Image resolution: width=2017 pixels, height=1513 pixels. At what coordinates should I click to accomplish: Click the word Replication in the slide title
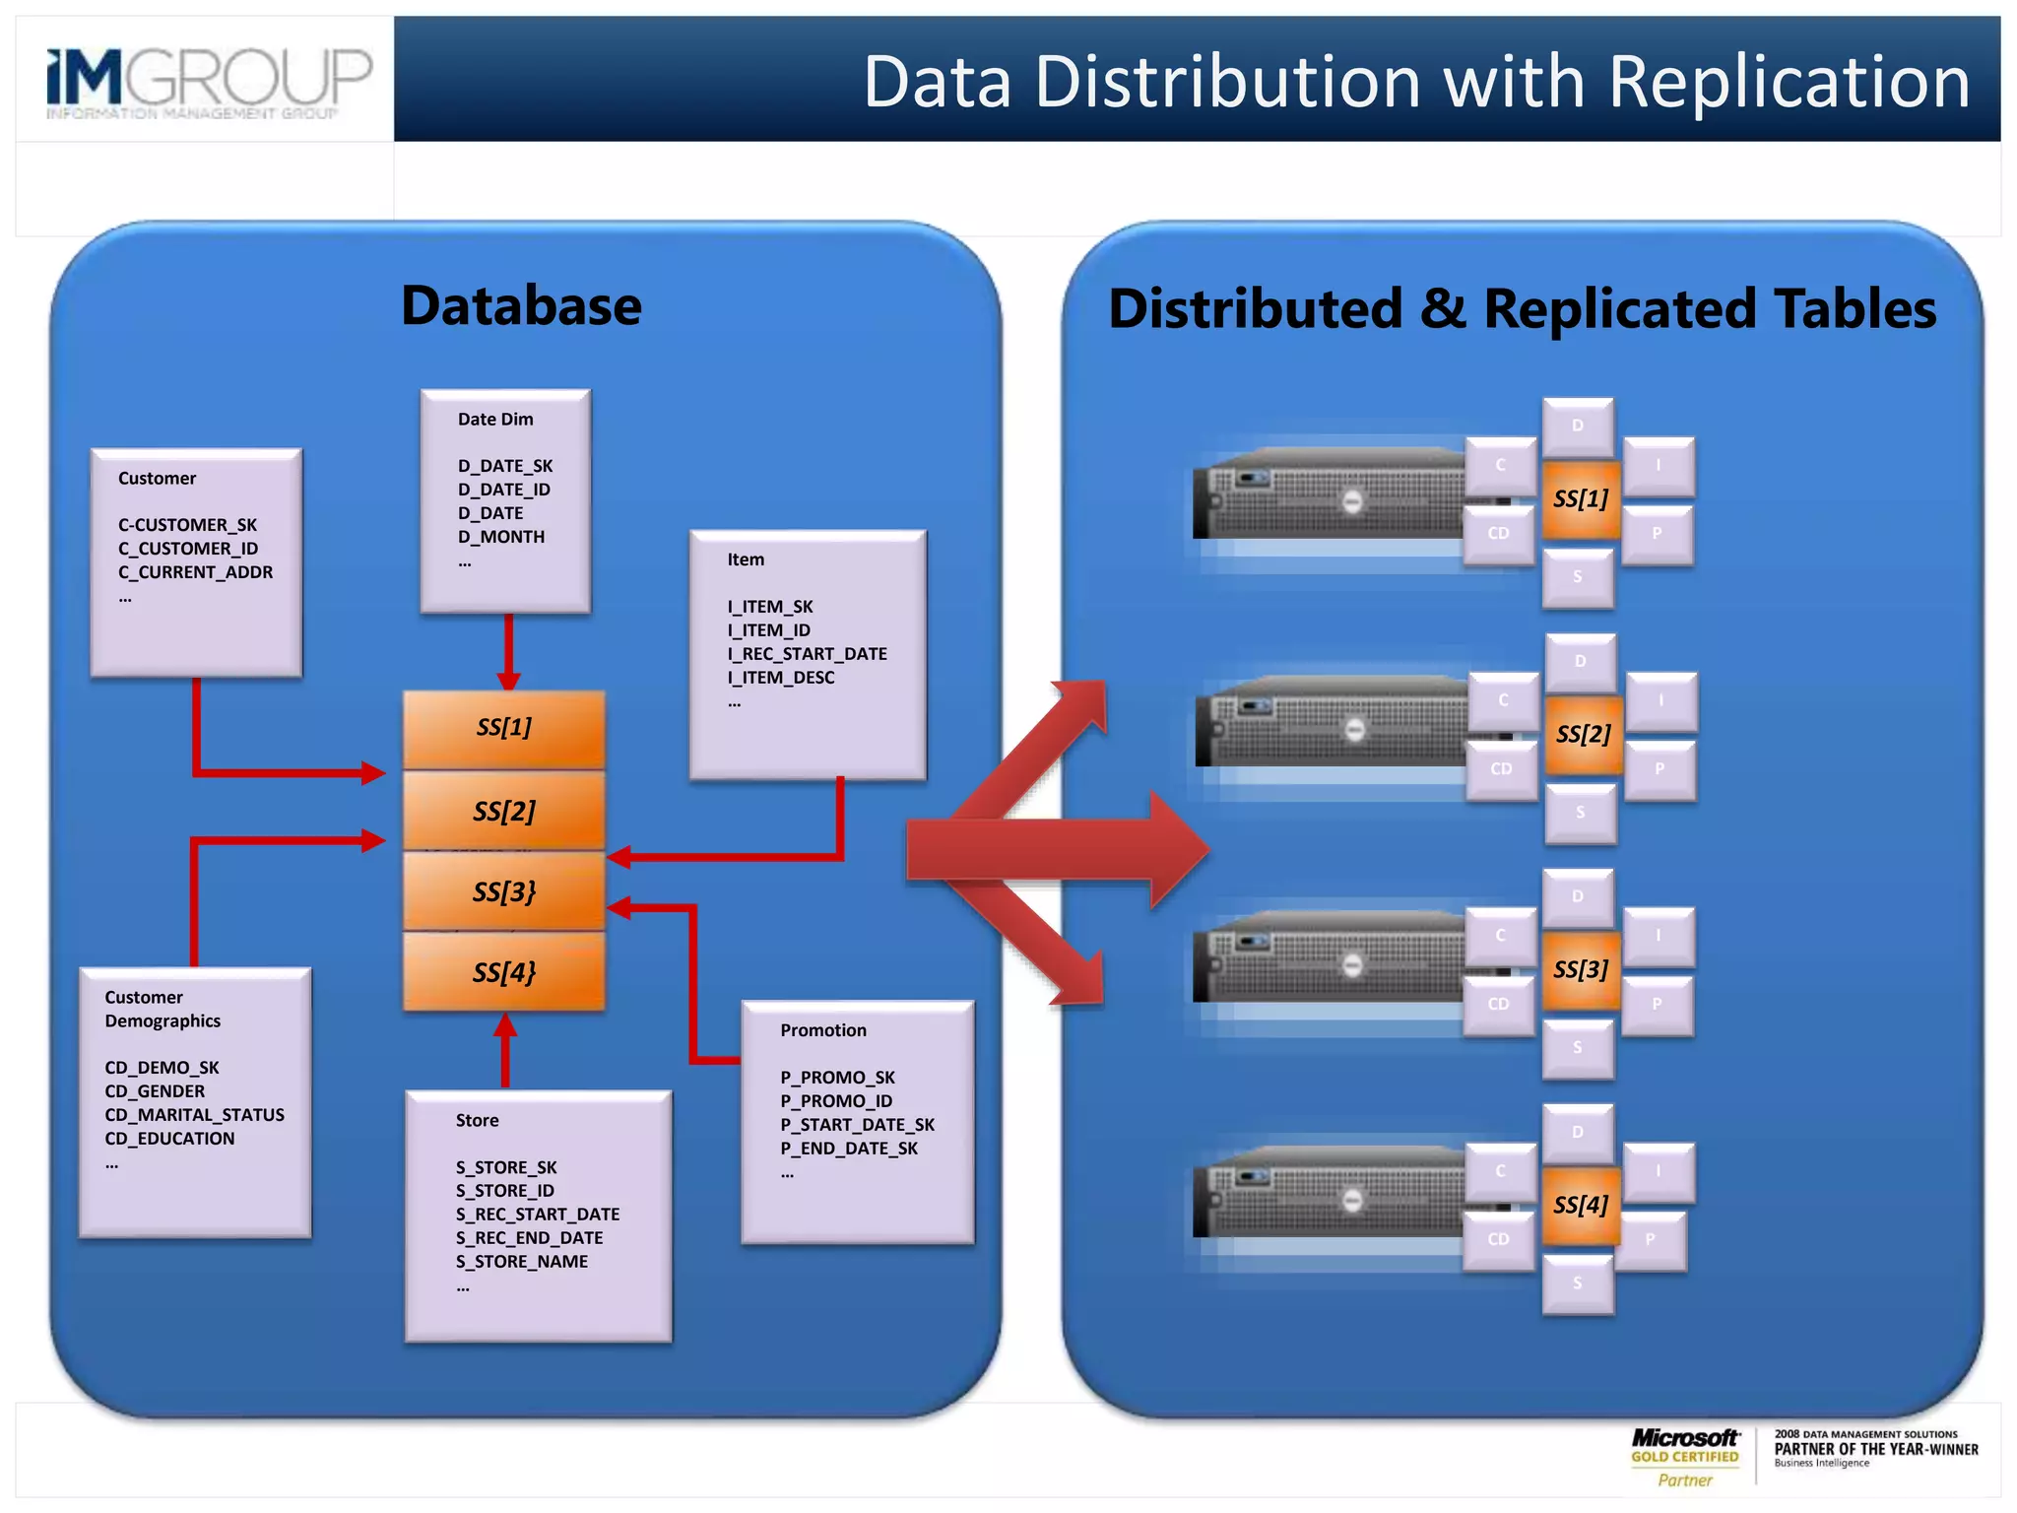1789,82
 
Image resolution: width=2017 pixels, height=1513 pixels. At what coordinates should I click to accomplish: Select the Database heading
521,305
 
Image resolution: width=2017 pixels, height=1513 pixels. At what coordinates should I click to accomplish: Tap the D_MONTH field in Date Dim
500,537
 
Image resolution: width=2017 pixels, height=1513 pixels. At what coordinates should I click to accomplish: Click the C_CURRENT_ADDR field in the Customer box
195,572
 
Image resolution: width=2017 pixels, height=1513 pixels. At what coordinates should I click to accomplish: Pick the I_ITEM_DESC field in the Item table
780,678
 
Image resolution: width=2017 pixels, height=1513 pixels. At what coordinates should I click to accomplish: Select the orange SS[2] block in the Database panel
503,811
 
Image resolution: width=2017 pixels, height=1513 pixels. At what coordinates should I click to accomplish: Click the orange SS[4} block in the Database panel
503,972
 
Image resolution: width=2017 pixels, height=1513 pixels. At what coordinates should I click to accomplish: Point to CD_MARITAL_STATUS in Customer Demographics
194,1115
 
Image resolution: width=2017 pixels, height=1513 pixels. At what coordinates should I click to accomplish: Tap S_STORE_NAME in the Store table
521,1262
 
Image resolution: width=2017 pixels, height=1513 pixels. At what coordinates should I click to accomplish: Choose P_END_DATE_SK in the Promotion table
848,1149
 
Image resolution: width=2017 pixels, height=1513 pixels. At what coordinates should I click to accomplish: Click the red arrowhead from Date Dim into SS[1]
508,681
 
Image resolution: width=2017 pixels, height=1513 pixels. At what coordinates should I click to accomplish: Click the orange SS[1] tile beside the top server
1580,499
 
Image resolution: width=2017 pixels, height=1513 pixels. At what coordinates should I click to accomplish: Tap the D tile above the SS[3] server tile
1578,896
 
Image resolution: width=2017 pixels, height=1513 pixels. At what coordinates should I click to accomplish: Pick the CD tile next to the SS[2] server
1501,769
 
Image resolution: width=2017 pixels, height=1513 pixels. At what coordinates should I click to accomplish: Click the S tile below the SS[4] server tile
1578,1283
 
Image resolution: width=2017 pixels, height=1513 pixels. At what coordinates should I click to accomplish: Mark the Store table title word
477,1121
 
